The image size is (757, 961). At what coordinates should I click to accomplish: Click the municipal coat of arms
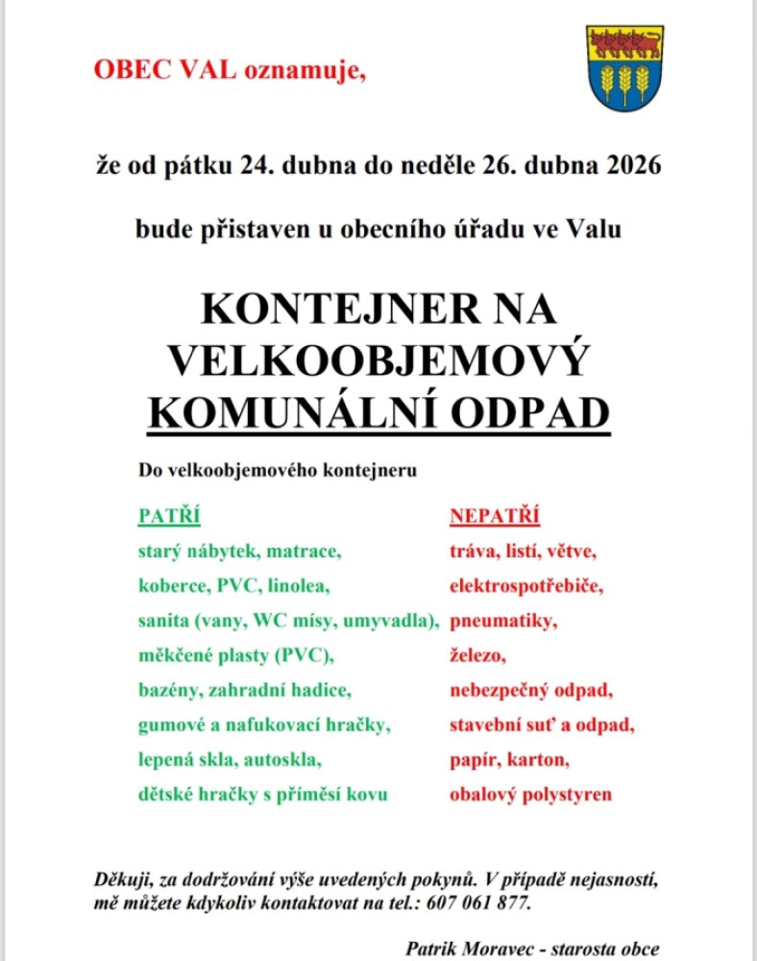coord(624,68)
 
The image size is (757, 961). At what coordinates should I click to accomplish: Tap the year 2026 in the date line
coord(634,165)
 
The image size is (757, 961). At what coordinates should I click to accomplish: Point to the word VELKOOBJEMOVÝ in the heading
coord(378,360)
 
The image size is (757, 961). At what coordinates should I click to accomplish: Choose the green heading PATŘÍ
coord(170,517)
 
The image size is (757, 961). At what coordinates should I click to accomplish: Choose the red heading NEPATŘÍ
coord(495,517)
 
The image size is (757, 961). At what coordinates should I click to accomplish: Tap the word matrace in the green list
coord(305,552)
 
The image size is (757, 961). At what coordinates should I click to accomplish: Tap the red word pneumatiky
coord(502,622)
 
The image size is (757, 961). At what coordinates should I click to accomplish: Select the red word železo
coord(477,655)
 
